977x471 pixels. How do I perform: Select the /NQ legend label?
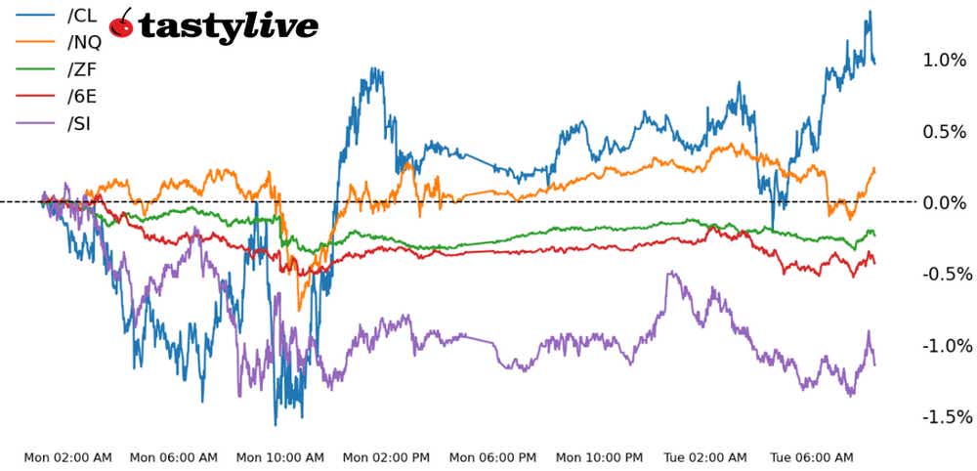pos(84,42)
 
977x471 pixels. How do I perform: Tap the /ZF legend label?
pos(82,69)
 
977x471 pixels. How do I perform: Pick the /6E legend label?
pos(82,96)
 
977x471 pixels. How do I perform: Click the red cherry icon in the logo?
pos(122,23)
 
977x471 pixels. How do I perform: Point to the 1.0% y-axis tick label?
pos(944,60)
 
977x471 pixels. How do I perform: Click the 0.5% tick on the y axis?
pos(944,131)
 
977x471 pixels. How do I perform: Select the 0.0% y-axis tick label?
pos(944,202)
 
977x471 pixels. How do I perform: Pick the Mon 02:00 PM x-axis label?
pos(386,456)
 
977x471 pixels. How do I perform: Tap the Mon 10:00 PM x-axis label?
pos(599,456)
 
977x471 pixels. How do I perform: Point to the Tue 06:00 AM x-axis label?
pos(812,456)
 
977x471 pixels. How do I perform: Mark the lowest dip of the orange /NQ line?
pos(300,309)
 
